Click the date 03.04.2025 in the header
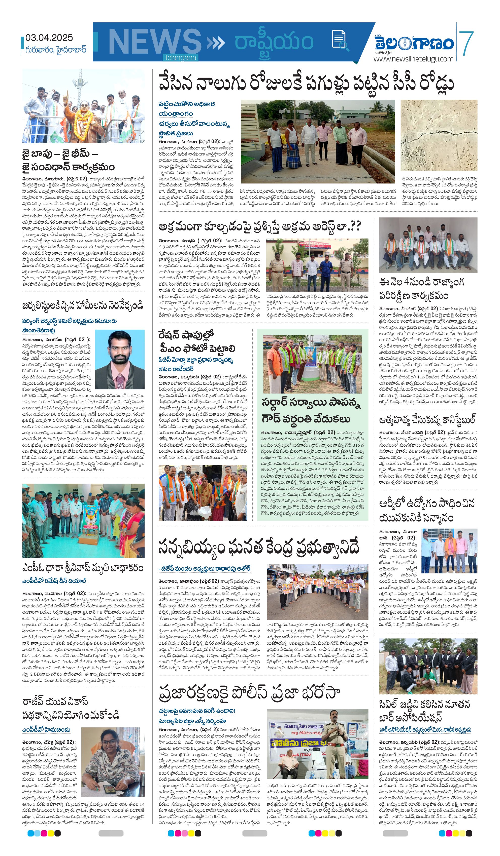(49, 38)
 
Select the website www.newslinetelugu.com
(413, 59)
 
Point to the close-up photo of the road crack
(439, 135)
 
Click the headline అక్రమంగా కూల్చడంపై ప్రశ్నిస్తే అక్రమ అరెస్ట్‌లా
(259, 226)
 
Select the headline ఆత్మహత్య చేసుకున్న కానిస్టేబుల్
(427, 420)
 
